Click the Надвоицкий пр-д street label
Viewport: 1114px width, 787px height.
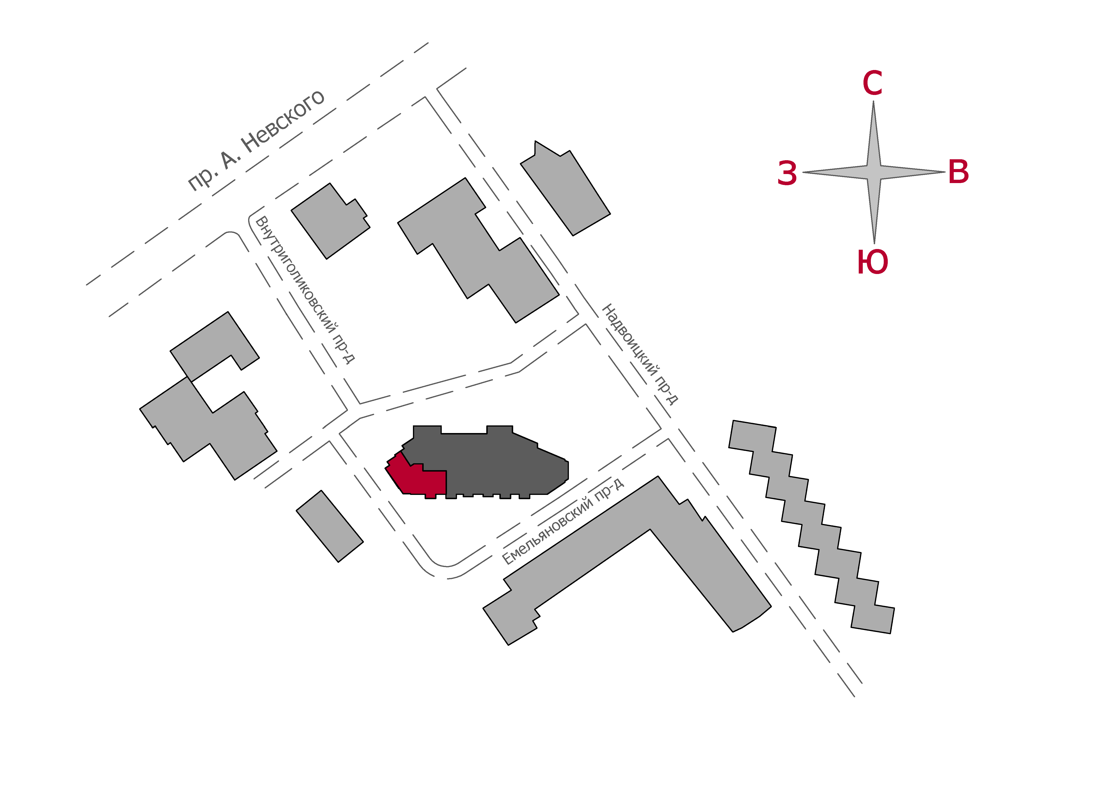tap(639, 354)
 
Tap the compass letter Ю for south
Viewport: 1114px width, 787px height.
tap(872, 262)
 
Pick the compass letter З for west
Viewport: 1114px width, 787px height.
tap(787, 173)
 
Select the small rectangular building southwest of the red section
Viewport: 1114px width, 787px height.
tap(329, 526)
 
